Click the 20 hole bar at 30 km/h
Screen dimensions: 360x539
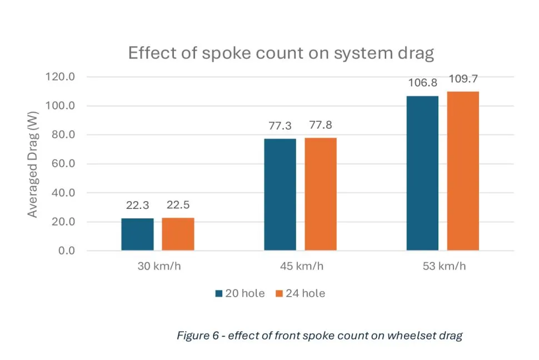pyautogui.click(x=137, y=234)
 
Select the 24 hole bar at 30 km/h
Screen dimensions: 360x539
pyautogui.click(x=178, y=234)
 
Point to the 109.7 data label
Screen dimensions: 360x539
pyautogui.click(x=463, y=79)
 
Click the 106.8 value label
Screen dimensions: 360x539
pyautogui.click(x=422, y=83)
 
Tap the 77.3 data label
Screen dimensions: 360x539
pyautogui.click(x=280, y=126)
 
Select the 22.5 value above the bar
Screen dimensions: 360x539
pyautogui.click(x=178, y=206)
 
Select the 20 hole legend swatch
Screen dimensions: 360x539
pyautogui.click(x=219, y=293)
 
